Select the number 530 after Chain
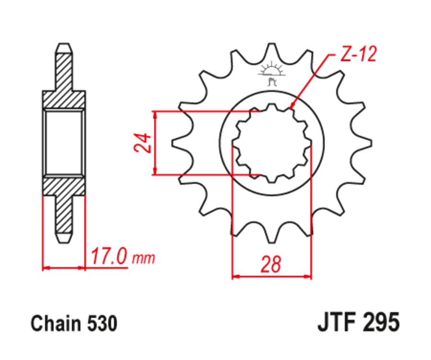coord(102,324)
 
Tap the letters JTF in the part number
coord(338,323)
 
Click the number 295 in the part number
coord(382,323)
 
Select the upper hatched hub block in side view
coord(64,100)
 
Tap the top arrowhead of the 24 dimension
coord(155,114)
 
